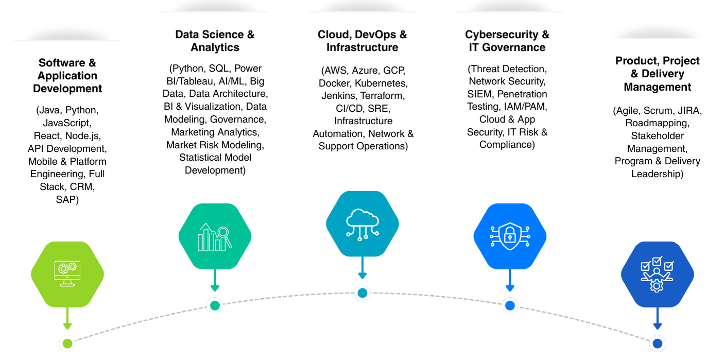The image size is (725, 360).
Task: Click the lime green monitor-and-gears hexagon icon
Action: pos(67,275)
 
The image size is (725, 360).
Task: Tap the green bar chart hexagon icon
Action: pos(215,236)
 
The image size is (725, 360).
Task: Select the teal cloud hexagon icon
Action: pos(362,224)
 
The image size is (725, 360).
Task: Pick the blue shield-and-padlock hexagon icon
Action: pos(510,236)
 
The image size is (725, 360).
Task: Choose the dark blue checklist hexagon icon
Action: pos(657,275)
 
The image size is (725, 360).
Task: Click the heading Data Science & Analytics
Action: pos(215,41)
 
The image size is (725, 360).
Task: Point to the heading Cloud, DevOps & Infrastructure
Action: pos(362,41)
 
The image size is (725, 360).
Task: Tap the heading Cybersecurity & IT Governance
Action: pos(507,41)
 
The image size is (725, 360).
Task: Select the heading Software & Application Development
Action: pos(67,75)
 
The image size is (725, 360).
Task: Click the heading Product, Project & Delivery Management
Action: pos(658,74)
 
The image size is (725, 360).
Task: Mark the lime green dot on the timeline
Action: pos(67,343)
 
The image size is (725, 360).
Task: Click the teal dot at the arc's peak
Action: pos(362,293)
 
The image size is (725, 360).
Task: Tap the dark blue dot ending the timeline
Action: pos(657,343)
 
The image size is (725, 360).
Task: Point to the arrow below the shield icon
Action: pos(510,281)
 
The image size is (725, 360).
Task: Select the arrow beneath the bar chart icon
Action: pos(215,281)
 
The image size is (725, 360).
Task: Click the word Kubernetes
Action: pos(381,83)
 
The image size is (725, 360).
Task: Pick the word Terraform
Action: pos(382,96)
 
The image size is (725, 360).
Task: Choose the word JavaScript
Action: pos(67,123)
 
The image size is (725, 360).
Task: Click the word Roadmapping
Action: pos(658,123)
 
